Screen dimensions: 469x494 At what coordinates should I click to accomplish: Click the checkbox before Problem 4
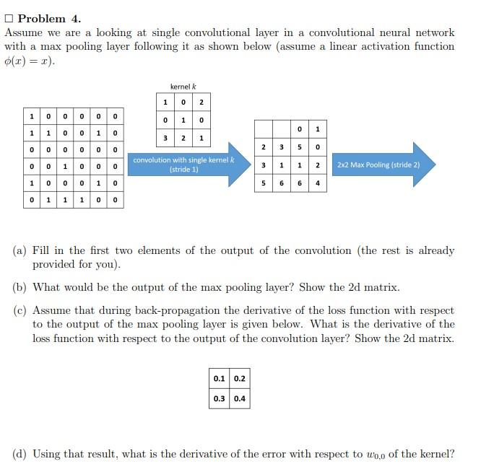pyautogui.click(x=9, y=19)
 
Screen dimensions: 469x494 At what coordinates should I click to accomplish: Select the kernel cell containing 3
pyautogui.click(x=166, y=138)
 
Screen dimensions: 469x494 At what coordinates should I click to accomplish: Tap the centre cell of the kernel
pyautogui.click(x=183, y=120)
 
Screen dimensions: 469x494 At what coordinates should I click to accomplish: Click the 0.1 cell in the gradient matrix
pyautogui.click(x=219, y=379)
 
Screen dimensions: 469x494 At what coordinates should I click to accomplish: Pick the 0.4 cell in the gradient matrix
pyautogui.click(x=239, y=398)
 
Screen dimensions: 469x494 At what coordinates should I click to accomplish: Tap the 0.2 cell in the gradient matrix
pyautogui.click(x=239, y=379)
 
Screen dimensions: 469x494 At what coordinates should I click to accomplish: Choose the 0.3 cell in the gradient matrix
pyautogui.click(x=219, y=398)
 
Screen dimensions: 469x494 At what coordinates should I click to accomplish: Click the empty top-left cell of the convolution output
pyautogui.click(x=264, y=129)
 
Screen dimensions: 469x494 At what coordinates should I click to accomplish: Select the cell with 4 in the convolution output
pyautogui.click(x=318, y=183)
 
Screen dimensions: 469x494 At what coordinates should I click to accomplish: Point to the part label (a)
pyautogui.click(x=20, y=251)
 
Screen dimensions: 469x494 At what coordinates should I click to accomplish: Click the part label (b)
pyautogui.click(x=20, y=287)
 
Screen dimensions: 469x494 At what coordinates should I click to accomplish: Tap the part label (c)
pyautogui.click(x=20, y=311)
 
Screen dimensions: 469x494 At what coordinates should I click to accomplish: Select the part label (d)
pyautogui.click(x=20, y=454)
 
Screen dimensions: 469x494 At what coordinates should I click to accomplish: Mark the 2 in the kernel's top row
pyautogui.click(x=201, y=102)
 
